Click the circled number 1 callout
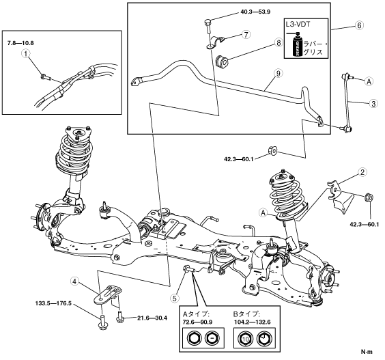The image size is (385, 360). [x=27, y=53]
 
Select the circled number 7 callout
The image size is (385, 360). [x=246, y=34]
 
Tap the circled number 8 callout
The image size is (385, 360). [x=279, y=43]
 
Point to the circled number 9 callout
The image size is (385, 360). [x=279, y=73]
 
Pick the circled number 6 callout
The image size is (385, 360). [x=359, y=25]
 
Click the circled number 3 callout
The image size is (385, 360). [x=373, y=104]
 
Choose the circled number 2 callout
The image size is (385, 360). [x=362, y=172]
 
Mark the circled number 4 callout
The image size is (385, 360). [x=74, y=281]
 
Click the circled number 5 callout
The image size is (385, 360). [x=175, y=299]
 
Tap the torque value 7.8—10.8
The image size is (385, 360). [x=20, y=43]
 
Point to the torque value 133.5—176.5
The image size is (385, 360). [x=53, y=304]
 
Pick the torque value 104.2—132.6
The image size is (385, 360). [x=251, y=322]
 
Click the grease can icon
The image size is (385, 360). [x=296, y=44]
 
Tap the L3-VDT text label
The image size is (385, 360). [x=298, y=25]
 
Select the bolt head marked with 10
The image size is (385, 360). [x=245, y=338]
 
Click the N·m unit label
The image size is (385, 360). [x=367, y=352]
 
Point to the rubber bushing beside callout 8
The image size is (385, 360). [x=222, y=61]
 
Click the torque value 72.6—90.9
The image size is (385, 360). [x=198, y=322]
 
